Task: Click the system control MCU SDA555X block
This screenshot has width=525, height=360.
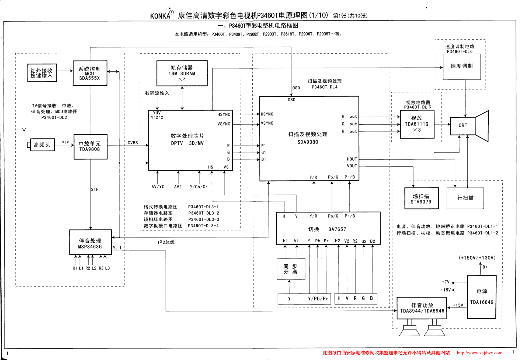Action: [90, 73]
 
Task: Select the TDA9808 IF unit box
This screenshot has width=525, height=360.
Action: [91, 147]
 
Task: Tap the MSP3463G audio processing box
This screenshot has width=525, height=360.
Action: [91, 242]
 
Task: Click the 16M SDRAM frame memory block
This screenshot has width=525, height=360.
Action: [182, 73]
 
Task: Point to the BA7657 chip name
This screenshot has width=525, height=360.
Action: [337, 229]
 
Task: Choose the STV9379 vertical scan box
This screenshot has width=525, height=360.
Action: [421, 198]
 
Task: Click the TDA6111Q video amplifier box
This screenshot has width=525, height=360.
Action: [417, 124]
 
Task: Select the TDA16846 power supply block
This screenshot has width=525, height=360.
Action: [482, 297]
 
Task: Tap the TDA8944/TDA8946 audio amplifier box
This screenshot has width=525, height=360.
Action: [422, 308]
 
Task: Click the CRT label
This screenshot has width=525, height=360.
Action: [463, 125]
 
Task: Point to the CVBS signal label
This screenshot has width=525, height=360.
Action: [133, 143]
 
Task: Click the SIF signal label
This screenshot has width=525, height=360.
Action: [95, 190]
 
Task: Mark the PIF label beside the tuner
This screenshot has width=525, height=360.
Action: [65, 143]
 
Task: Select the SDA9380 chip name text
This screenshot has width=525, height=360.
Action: [308, 142]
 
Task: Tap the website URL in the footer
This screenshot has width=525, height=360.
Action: [479, 353]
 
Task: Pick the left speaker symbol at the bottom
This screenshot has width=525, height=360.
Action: [409, 331]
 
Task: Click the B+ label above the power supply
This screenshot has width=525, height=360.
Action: [485, 267]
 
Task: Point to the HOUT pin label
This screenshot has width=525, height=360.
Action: [352, 159]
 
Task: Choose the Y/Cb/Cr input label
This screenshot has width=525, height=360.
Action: [199, 187]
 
